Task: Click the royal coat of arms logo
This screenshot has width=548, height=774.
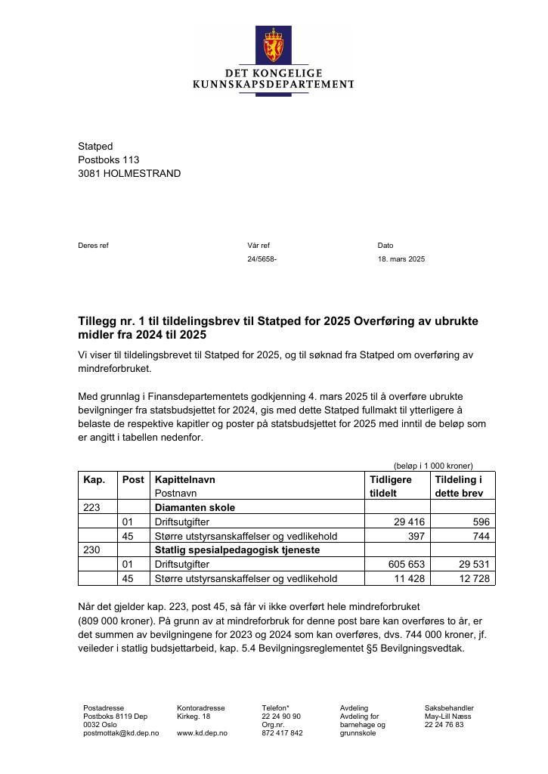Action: (x=274, y=45)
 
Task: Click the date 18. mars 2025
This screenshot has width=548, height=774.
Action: (x=401, y=259)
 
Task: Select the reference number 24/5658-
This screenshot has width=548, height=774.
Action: (x=262, y=259)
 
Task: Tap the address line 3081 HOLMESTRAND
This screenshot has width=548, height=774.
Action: (x=129, y=173)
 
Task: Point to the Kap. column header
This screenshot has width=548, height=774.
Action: (x=94, y=479)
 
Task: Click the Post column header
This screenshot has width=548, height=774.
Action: (x=133, y=479)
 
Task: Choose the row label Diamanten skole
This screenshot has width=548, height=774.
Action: (x=195, y=507)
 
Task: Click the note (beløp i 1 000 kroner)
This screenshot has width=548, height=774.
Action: (x=433, y=466)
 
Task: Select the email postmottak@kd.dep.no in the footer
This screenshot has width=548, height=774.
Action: (x=121, y=733)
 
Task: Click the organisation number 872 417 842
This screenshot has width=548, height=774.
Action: (x=282, y=733)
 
